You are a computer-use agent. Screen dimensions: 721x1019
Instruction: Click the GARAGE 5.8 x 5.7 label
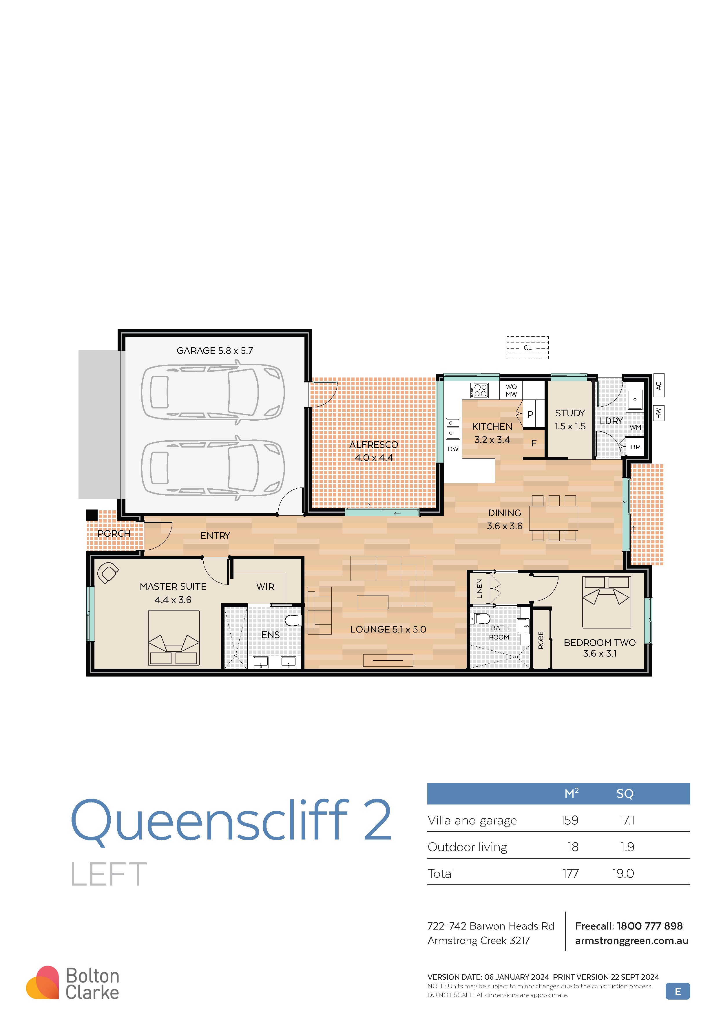point(215,351)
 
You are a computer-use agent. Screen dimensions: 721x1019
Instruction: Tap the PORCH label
point(114,534)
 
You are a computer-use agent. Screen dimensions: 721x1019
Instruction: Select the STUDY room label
point(570,413)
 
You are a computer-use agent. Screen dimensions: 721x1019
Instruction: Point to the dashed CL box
point(527,347)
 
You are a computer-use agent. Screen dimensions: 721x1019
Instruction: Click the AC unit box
point(659,385)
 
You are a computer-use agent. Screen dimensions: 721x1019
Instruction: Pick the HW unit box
point(659,413)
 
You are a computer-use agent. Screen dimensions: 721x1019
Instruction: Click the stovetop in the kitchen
point(479,390)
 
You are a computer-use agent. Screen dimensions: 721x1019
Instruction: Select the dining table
point(554,518)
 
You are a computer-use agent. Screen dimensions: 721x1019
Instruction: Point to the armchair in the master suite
point(107,573)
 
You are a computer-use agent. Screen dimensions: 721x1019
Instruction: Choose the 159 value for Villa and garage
point(569,820)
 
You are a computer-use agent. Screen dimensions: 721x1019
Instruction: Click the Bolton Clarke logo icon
point(43,983)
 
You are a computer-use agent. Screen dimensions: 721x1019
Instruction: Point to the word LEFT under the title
point(109,874)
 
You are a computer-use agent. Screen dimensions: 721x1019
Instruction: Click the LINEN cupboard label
point(479,589)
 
